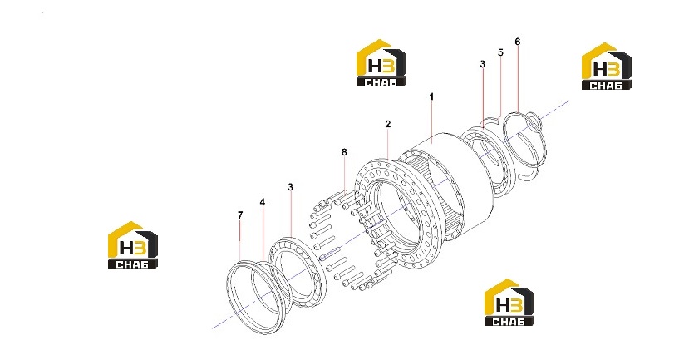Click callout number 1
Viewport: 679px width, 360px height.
[x=431, y=96]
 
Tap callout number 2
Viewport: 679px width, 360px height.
[x=387, y=124]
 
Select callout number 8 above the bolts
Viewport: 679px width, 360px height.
[x=344, y=152]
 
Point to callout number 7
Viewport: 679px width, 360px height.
[x=240, y=215]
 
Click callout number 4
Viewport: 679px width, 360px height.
[x=263, y=202]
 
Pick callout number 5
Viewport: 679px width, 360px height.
[x=500, y=52]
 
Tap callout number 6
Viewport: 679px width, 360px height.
[x=518, y=42]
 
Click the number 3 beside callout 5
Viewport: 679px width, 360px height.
[x=482, y=64]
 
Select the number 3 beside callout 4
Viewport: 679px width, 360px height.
[x=290, y=187]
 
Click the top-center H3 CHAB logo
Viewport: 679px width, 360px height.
[x=381, y=63]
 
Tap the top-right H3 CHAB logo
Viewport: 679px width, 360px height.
[x=606, y=67]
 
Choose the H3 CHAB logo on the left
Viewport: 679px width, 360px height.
[x=132, y=244]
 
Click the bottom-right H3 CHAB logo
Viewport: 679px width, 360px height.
[x=509, y=302]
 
